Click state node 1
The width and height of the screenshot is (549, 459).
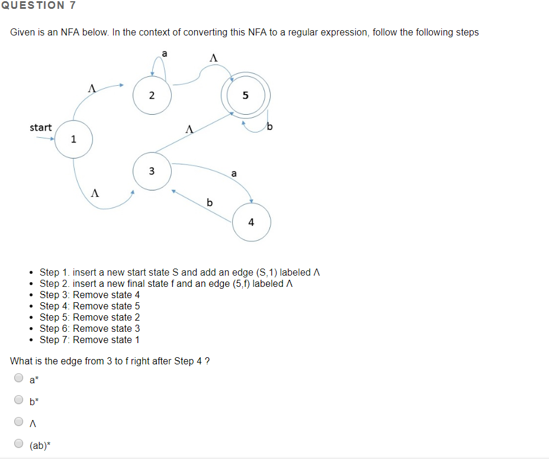tap(73, 139)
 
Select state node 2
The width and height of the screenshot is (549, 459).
tap(152, 95)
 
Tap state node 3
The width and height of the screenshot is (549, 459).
tap(152, 171)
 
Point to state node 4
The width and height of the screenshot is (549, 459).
tap(251, 222)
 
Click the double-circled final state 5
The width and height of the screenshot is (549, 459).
tap(245, 95)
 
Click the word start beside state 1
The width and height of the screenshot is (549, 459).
tap(41, 127)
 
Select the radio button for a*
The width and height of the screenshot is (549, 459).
tap(19, 379)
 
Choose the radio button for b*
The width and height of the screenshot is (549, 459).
tap(19, 400)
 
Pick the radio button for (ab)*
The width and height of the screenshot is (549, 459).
tap(19, 444)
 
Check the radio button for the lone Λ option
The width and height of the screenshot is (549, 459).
tap(19, 422)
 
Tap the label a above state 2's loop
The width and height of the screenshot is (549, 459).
tap(165, 53)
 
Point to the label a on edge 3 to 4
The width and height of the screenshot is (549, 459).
tap(234, 173)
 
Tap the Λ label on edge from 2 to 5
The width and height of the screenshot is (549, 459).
tap(214, 58)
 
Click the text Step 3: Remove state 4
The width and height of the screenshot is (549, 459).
tap(90, 295)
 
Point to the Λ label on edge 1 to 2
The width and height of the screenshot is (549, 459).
tap(91, 88)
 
